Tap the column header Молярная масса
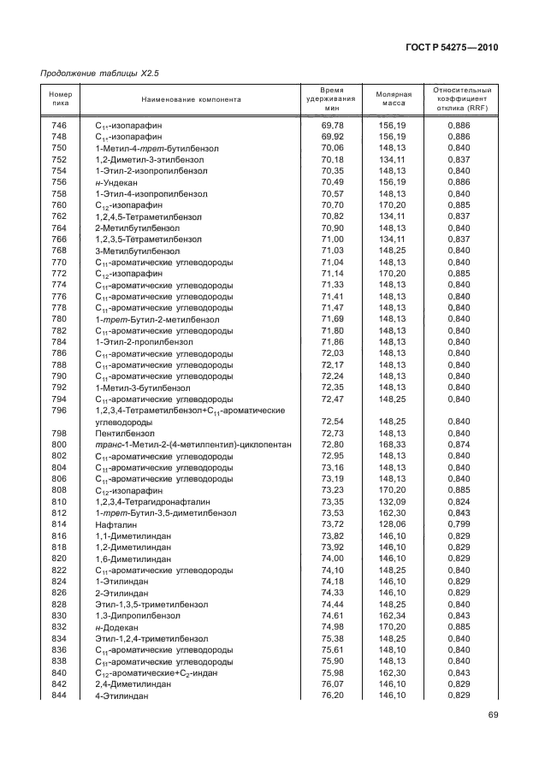pyautogui.click(x=394, y=99)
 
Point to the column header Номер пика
pyautogui.click(x=59, y=99)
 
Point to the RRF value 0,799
pyautogui.click(x=459, y=524)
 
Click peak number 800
pyautogui.click(x=59, y=445)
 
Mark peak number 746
pyautogui.click(x=59, y=126)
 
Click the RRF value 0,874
pyautogui.click(x=459, y=445)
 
